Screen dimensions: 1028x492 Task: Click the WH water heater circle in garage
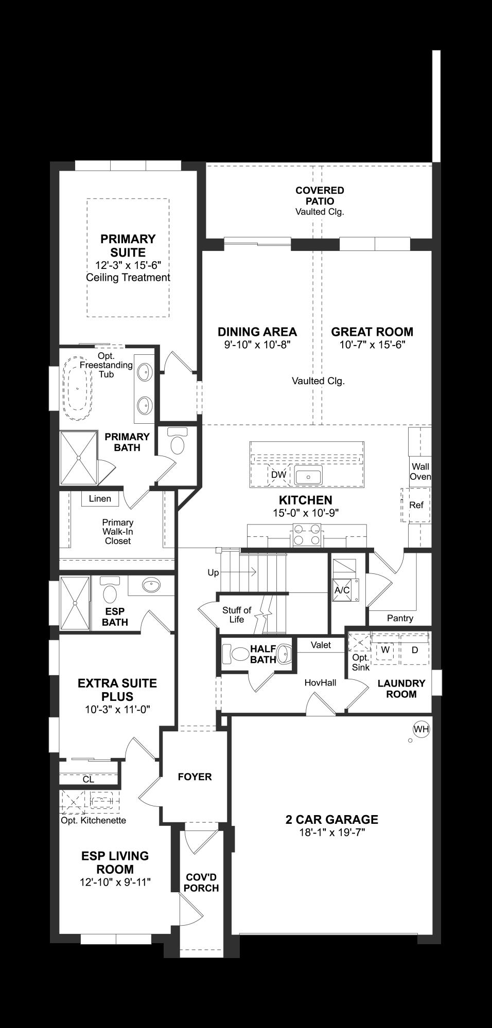421,729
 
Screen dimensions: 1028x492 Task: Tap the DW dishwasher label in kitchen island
278,475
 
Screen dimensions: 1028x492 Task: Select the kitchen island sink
308,477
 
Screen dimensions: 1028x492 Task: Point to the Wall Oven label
420,472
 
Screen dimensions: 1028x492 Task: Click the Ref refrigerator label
416,505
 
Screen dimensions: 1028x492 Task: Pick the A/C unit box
342,590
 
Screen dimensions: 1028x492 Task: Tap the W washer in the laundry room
385,650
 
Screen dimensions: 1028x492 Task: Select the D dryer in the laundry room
415,650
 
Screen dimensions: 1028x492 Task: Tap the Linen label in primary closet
100,498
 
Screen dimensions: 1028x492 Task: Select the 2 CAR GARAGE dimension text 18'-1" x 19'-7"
332,833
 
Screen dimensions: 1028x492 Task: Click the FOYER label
195,777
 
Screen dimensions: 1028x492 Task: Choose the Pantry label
400,618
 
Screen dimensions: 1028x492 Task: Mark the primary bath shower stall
79,458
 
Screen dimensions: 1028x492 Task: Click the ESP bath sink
151,585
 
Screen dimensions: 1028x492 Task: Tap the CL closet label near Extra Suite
89,779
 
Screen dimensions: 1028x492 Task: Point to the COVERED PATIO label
320,195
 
